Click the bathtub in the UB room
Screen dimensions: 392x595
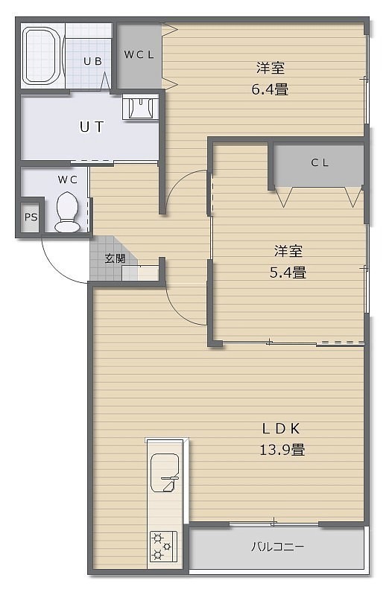pos(42,56)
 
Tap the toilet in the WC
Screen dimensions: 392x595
pos(67,211)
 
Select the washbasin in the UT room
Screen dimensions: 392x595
pos(140,108)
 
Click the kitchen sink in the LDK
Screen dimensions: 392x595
pos(165,473)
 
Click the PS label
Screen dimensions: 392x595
pos(31,217)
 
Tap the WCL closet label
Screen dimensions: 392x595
pos(139,54)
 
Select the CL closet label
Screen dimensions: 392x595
pos(320,163)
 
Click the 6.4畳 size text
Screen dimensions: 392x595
pos(270,90)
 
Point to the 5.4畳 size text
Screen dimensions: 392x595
pos(288,273)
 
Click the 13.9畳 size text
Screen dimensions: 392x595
pos(282,450)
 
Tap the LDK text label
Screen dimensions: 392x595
pos(282,429)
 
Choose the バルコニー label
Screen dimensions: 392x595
pos(278,547)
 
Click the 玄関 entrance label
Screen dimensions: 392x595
pos(115,258)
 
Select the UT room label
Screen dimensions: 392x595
pos(92,127)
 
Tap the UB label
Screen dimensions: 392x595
pos(92,61)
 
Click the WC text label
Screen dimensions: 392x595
pos(68,179)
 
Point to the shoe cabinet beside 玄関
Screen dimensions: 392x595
pos(140,273)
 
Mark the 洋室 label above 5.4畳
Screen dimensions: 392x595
pos(288,251)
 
